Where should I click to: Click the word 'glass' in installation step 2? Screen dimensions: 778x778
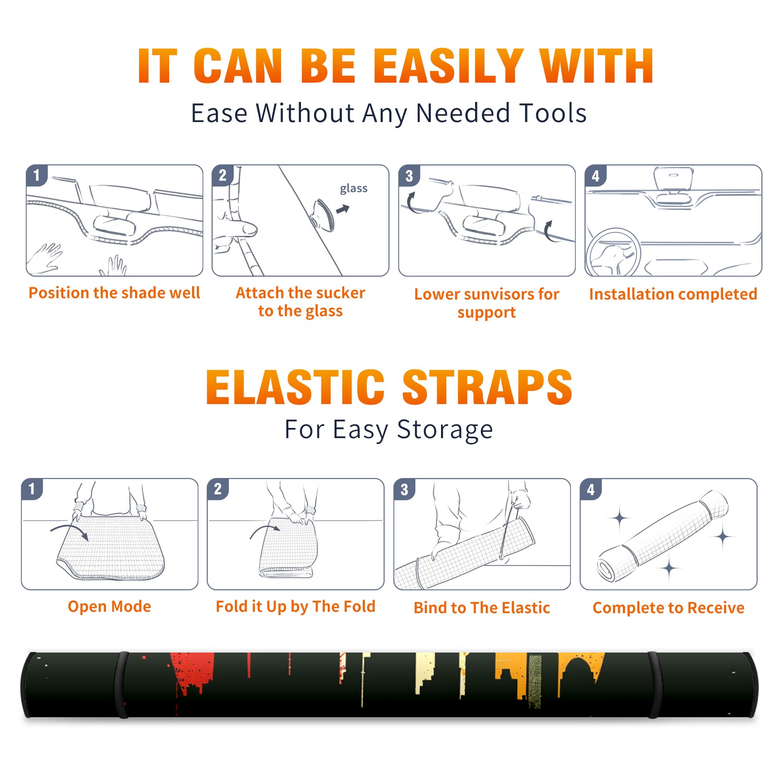coord(354,189)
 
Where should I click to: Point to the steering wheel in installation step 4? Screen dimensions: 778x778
coord(613,253)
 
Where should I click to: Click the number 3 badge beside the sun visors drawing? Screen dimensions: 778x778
coord(409,176)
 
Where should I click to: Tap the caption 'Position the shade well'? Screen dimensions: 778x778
coord(114,293)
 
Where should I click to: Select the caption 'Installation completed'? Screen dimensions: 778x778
coord(673,294)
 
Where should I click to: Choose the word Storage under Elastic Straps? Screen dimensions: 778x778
coord(445,430)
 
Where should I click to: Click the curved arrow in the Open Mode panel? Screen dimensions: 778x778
coord(70,531)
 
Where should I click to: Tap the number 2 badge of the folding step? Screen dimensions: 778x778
coord(218,489)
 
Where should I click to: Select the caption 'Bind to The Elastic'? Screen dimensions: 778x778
coord(481,607)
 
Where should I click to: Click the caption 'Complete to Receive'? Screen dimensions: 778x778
coord(668,608)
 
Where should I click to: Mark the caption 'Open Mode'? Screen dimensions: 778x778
coord(109,606)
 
